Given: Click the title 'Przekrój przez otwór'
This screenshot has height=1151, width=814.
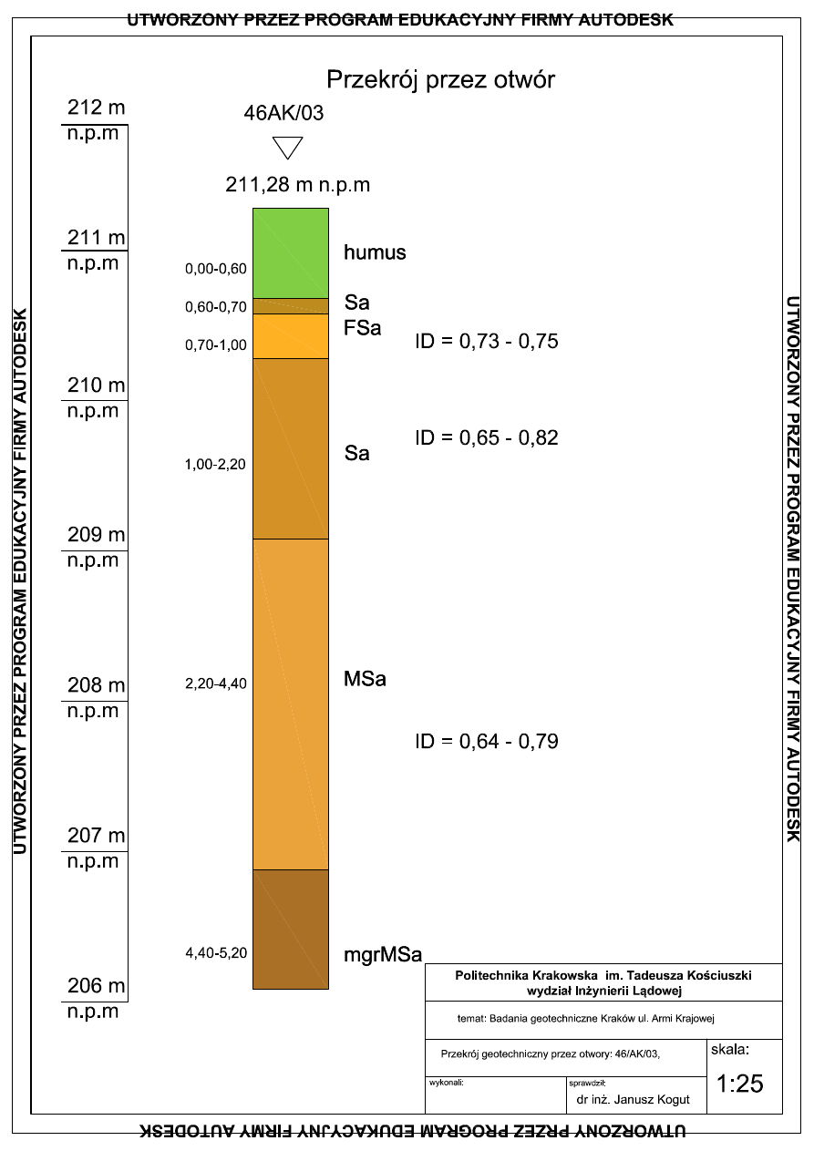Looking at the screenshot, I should (x=440, y=80).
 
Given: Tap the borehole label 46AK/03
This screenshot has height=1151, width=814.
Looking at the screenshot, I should (x=283, y=114).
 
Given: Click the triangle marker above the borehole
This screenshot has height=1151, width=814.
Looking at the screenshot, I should (x=288, y=148).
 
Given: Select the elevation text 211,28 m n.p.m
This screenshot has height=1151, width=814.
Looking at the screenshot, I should (x=297, y=185).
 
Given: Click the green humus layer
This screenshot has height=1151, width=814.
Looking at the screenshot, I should (x=290, y=252).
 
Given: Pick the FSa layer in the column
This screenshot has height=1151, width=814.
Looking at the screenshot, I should (x=290, y=336).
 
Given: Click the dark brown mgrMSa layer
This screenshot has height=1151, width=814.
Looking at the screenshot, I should (x=290, y=929).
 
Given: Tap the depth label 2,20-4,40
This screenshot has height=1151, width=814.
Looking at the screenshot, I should (x=216, y=683).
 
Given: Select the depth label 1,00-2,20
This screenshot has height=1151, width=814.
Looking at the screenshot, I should (x=216, y=465).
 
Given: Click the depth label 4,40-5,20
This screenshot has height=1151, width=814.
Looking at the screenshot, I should (x=216, y=953).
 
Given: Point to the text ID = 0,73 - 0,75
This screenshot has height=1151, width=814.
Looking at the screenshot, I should (x=486, y=342).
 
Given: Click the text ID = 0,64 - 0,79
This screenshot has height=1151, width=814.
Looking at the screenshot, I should (x=486, y=742).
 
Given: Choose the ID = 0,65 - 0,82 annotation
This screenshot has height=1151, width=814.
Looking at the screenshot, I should (x=486, y=437).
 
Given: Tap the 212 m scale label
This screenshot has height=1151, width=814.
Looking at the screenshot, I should (x=97, y=108).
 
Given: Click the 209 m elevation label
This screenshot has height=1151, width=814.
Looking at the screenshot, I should (x=97, y=534).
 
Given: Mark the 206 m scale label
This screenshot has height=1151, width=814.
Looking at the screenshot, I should (x=97, y=986).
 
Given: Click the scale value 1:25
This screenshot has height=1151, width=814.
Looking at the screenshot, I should (x=739, y=1084).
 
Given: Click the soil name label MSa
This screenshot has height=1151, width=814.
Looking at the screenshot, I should (x=365, y=679).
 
